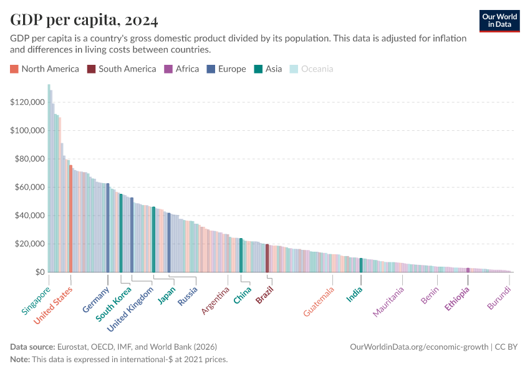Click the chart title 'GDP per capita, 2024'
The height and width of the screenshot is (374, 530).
pyautogui.click(x=84, y=21)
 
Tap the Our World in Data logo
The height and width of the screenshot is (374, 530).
pyautogui.click(x=499, y=21)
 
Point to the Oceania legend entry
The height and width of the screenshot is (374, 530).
pyautogui.click(x=312, y=69)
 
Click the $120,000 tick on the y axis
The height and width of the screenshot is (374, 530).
pyautogui.click(x=27, y=102)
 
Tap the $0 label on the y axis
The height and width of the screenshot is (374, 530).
pyautogui.click(x=40, y=272)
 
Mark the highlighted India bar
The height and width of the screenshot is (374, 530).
pyautogui.click(x=361, y=266)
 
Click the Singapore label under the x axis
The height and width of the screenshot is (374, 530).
pyautogui.click(x=37, y=301)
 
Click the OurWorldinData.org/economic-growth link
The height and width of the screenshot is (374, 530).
pyautogui.click(x=420, y=347)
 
